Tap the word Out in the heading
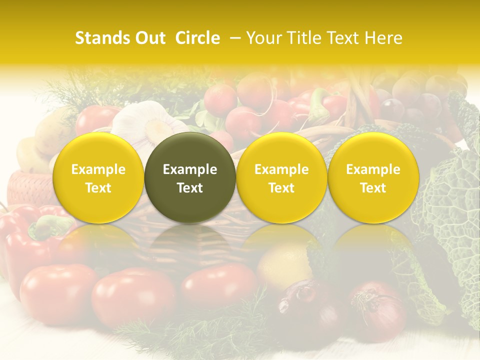[x=149, y=38]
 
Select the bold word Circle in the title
[x=197, y=38]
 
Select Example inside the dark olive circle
[x=190, y=169]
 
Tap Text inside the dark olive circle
[x=190, y=188]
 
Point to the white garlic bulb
[x=145, y=122]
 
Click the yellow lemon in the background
[x=284, y=265]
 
